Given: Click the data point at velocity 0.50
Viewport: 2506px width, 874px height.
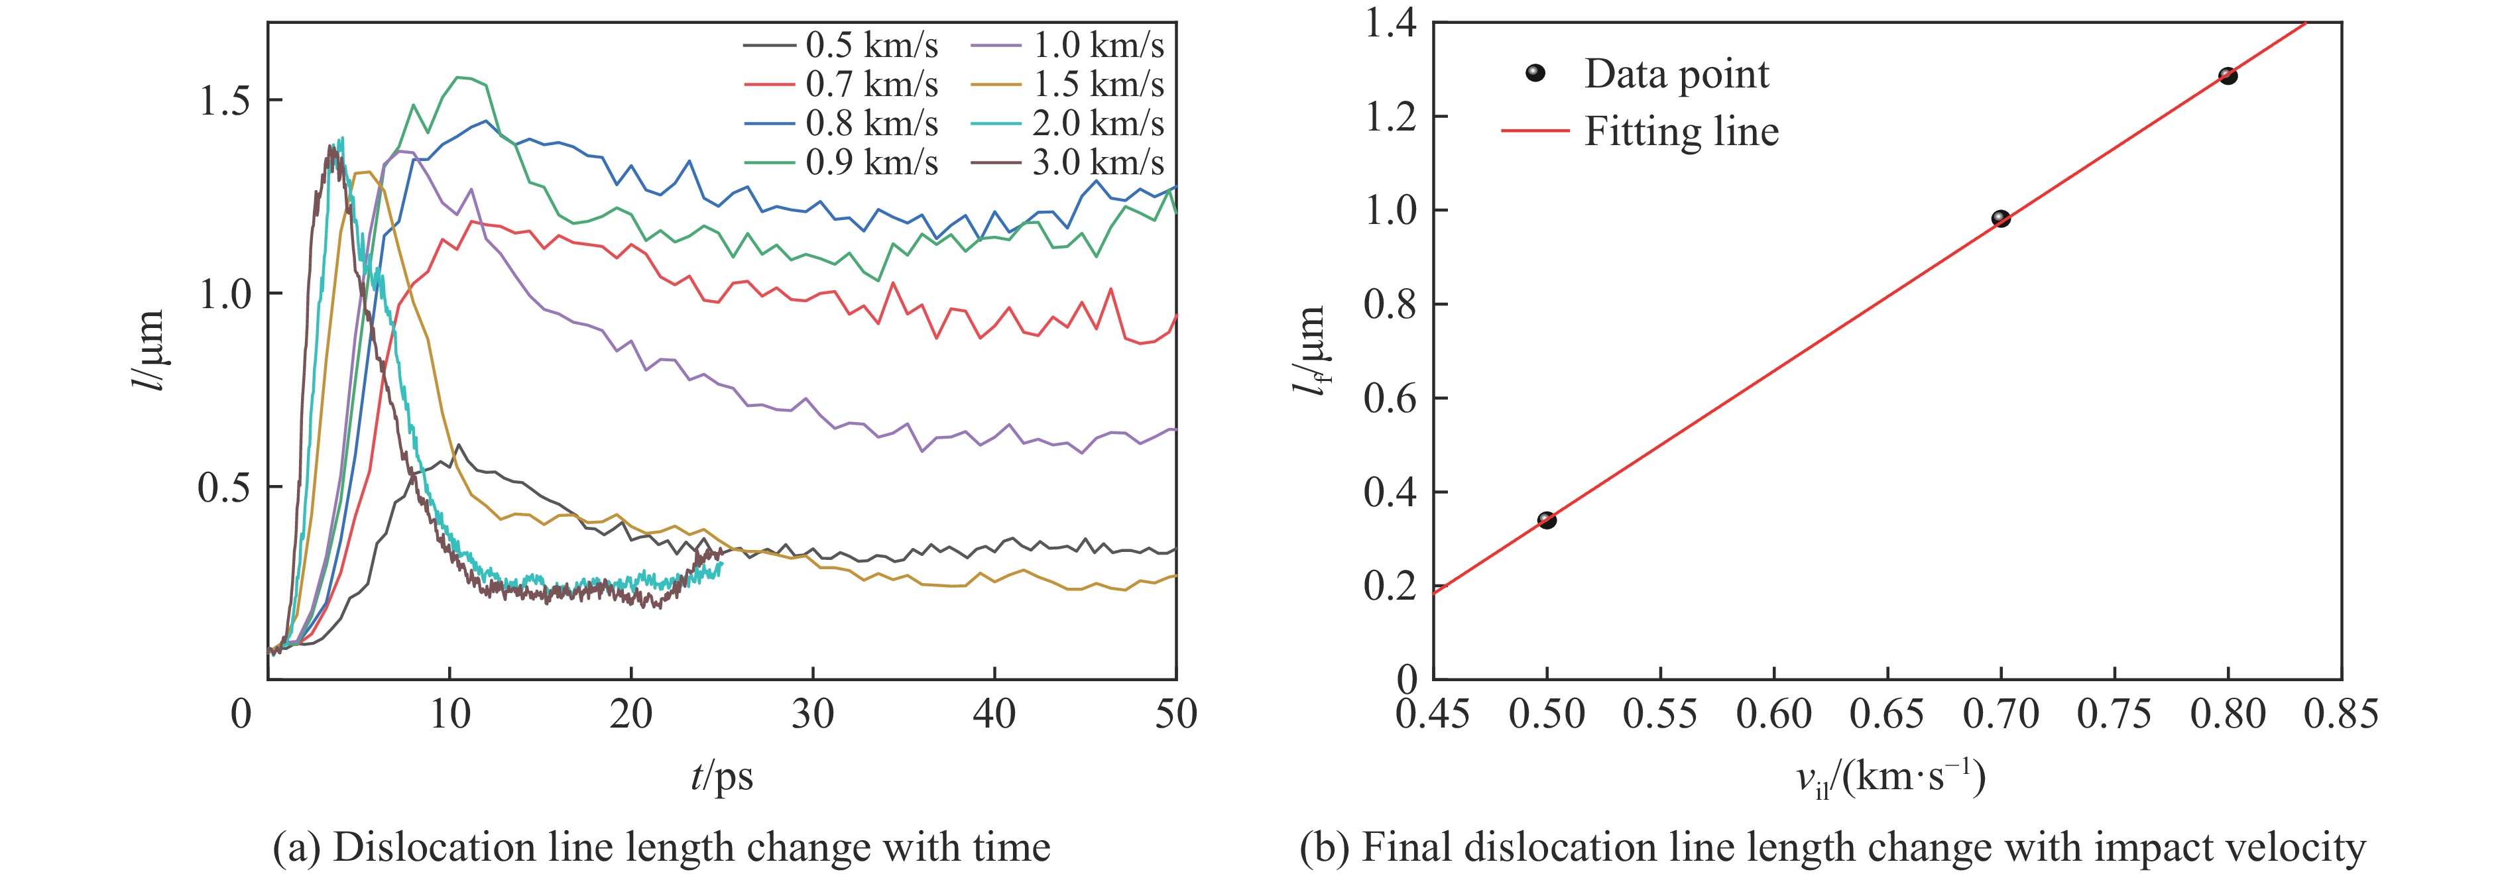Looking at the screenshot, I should (x=1547, y=520).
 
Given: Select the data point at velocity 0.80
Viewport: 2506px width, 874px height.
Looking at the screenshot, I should (x=2228, y=76).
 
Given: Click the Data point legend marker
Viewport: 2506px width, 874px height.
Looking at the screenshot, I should (x=1535, y=74).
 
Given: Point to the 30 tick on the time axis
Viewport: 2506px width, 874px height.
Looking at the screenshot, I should (x=812, y=714).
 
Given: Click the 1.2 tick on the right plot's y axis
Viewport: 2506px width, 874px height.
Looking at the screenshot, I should (x=1391, y=117).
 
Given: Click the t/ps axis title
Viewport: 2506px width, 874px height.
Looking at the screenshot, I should (x=722, y=777).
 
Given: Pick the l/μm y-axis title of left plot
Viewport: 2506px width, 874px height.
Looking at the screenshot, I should (x=148, y=350).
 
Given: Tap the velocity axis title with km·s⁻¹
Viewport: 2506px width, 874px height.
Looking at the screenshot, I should (x=1889, y=779).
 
